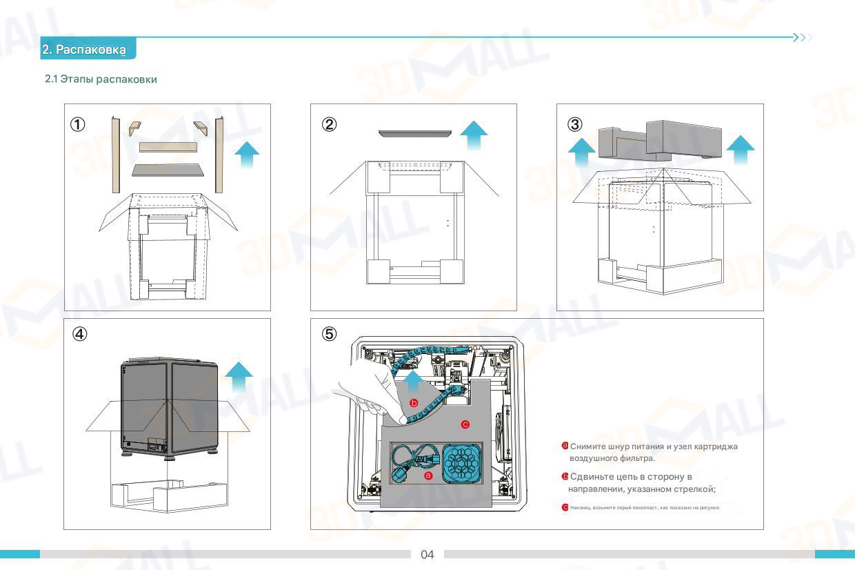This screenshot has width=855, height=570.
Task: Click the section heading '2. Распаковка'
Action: tap(84, 50)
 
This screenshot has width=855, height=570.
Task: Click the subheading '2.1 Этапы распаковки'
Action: tap(101, 79)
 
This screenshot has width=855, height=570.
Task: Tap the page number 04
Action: tap(428, 555)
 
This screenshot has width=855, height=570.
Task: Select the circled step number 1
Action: tap(79, 125)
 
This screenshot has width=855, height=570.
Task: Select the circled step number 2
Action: tap(330, 124)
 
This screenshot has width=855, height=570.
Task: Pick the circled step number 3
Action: tap(575, 124)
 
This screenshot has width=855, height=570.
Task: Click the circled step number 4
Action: tap(80, 333)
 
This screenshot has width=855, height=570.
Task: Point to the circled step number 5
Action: tap(330, 334)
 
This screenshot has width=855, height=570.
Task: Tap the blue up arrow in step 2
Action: tap(474, 135)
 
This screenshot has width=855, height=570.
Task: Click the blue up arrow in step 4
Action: tap(239, 377)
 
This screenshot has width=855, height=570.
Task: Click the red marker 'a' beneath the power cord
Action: tap(428, 476)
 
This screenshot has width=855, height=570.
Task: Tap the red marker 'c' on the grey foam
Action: tap(465, 424)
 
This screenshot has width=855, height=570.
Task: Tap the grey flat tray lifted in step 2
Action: tap(414, 132)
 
